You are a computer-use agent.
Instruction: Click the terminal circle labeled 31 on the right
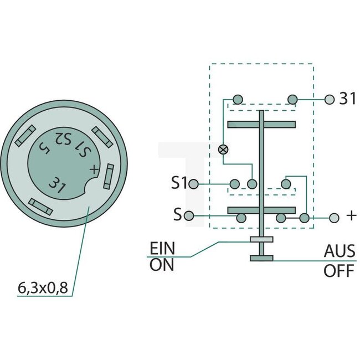tap(330, 100)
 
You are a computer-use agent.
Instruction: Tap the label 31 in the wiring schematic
tap(347, 99)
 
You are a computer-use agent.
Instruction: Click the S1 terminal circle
tap(193, 184)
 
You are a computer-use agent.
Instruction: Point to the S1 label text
tap(178, 183)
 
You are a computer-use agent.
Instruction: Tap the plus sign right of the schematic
tap(351, 216)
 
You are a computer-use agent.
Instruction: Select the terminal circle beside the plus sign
tap(333, 218)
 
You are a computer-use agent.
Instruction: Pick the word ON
tap(162, 265)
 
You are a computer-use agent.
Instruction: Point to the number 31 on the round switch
tap(57, 185)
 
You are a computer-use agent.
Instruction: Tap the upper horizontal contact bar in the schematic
tap(261, 124)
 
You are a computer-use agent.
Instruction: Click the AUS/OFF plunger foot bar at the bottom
tap(262, 258)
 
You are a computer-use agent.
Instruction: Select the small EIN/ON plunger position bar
tap(262, 239)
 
